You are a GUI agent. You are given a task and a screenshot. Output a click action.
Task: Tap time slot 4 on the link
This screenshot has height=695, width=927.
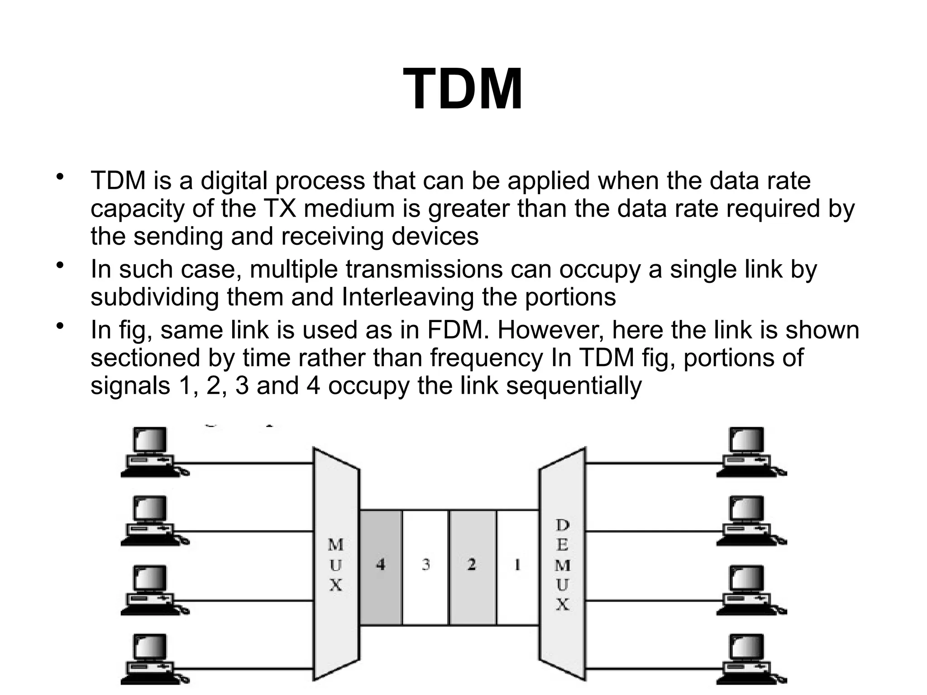tap(381, 567)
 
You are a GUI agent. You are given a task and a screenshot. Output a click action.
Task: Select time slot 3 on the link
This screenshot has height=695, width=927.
tap(425, 567)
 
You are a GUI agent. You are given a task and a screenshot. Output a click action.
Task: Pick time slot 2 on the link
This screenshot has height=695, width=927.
tap(472, 567)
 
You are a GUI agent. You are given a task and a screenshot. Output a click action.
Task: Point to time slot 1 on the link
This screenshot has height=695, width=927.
tap(517, 567)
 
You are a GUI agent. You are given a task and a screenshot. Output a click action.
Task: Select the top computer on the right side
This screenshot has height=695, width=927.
tap(749, 452)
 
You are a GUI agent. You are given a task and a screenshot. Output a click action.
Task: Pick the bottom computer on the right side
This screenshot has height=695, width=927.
tap(749, 658)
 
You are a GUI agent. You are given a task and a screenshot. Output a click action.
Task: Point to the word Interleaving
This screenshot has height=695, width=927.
tap(407, 297)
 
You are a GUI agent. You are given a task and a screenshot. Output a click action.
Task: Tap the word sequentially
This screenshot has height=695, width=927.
tap(573, 386)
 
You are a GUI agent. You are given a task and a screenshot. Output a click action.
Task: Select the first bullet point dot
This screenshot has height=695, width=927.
tap(59, 176)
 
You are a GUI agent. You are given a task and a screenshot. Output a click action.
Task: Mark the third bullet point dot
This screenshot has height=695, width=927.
tap(59, 325)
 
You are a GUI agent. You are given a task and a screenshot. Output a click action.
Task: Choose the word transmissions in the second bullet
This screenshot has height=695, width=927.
tap(424, 269)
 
